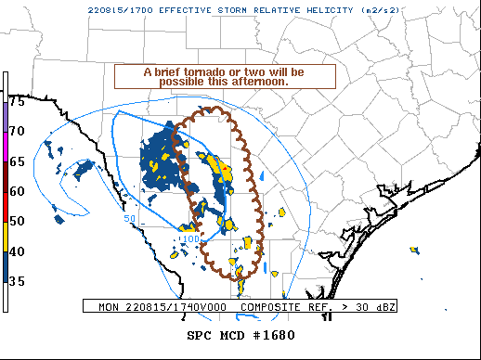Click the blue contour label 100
pos(189,239)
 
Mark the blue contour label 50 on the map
pos(130,218)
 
